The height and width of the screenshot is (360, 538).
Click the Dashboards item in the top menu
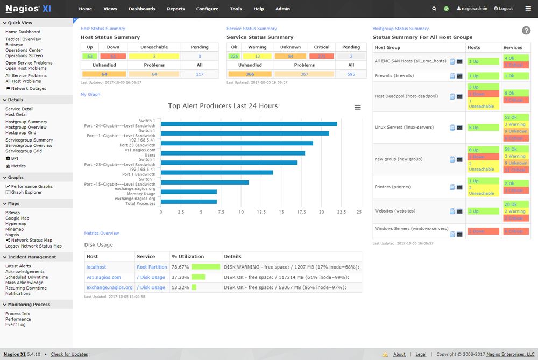pos(142,9)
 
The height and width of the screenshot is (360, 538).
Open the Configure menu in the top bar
pos(207,9)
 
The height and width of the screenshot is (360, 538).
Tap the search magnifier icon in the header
pos(435,9)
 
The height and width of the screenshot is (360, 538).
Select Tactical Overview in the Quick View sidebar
pos(23,39)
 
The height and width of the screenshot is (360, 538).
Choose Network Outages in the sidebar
pos(29,89)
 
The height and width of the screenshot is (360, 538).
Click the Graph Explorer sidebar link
pos(26,192)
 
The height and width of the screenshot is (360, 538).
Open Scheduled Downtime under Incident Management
pos(26,277)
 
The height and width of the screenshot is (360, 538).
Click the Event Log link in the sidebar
pos(15,324)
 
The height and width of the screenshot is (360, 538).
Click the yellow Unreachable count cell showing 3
pos(154,56)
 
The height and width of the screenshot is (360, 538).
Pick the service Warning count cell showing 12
pos(257,56)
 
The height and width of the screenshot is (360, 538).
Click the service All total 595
pos(351,74)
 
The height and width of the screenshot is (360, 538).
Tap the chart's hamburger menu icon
pos(358,108)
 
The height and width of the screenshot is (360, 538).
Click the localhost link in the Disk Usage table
pos(96,267)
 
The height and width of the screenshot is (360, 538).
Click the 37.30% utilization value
pos(180,277)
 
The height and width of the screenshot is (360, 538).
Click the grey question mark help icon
pos(526,31)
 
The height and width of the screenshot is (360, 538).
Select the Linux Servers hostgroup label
pos(397,128)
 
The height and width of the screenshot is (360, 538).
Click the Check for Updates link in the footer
pos(69,354)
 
